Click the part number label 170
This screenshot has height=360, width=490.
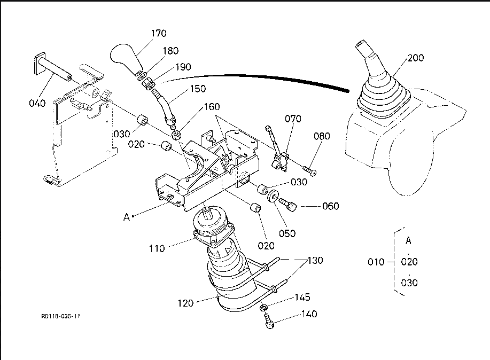158,33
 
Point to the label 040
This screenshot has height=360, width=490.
37,103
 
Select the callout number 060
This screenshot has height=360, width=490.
330,206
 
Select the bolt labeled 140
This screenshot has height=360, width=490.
269,322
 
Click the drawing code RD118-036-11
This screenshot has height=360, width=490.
60,316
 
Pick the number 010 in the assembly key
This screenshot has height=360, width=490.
377,262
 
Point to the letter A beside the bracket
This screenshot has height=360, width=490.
127,217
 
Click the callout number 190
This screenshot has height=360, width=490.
183,67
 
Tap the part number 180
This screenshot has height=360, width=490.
170,51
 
